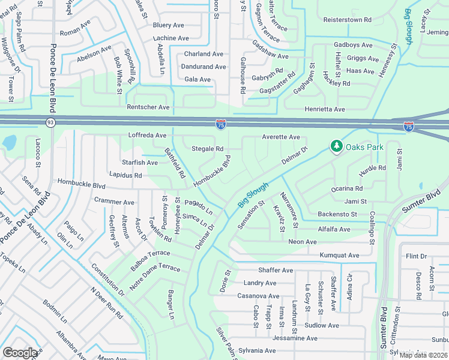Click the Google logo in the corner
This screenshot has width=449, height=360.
tap(20, 353)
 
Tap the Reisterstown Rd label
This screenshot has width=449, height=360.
tap(347, 20)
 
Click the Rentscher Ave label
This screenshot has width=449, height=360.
tap(148, 107)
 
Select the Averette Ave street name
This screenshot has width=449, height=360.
tap(281, 137)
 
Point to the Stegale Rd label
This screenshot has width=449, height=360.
tap(207, 149)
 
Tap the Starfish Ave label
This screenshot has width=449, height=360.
tap(140, 163)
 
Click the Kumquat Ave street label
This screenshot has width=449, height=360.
tap(339, 255)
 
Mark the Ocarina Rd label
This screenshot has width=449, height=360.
tap(347, 188)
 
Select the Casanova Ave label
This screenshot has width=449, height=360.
tap(258, 296)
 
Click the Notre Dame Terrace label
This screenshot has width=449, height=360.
tap(155, 269)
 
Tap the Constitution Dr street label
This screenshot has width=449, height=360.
tap(108, 279)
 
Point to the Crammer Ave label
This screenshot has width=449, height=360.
tap(114, 202)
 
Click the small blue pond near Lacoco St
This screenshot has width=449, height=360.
tap(10, 143)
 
